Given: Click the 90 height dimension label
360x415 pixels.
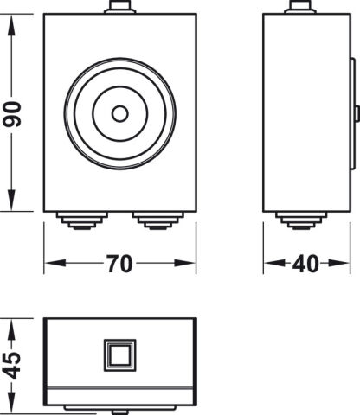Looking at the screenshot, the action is [12, 114].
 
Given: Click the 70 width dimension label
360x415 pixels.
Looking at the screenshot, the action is [119, 264].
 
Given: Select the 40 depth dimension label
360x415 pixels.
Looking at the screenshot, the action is [305, 264].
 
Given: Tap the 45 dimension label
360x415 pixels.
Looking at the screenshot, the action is [13, 365].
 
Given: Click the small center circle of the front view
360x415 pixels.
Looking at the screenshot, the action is [120, 113].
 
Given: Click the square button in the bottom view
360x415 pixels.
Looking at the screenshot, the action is [120, 355].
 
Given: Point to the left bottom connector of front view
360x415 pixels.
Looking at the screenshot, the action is [82, 220].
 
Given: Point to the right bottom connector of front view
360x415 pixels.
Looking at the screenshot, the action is [158, 220].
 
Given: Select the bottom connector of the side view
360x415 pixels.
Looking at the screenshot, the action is [301, 220].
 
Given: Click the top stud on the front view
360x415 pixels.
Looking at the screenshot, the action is [120, 7].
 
